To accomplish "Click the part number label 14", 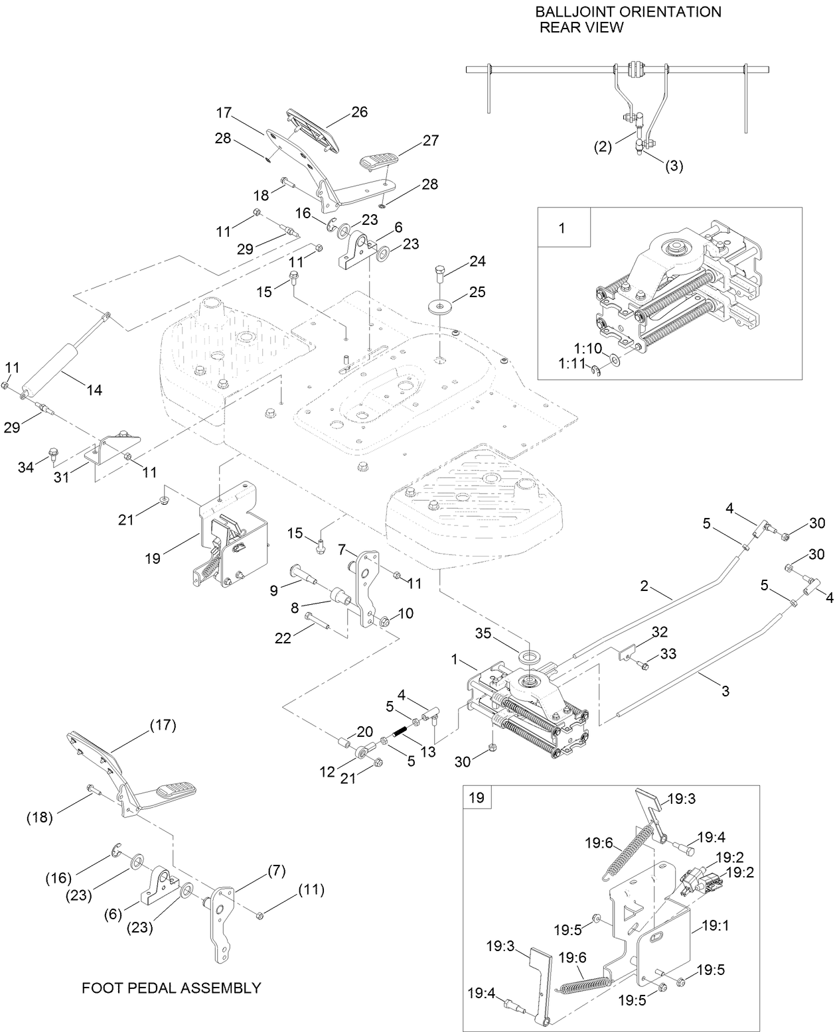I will [94, 390].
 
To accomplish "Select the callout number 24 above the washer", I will [478, 261].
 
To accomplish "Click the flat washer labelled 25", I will [439, 306].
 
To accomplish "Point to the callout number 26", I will [359, 111].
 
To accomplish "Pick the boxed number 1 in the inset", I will [562, 228].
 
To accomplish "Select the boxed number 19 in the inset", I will [477, 797].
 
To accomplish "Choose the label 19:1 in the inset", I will [715, 926].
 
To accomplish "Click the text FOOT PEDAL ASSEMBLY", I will [171, 988].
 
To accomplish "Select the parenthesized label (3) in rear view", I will [674, 166].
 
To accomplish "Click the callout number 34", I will [26, 468].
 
